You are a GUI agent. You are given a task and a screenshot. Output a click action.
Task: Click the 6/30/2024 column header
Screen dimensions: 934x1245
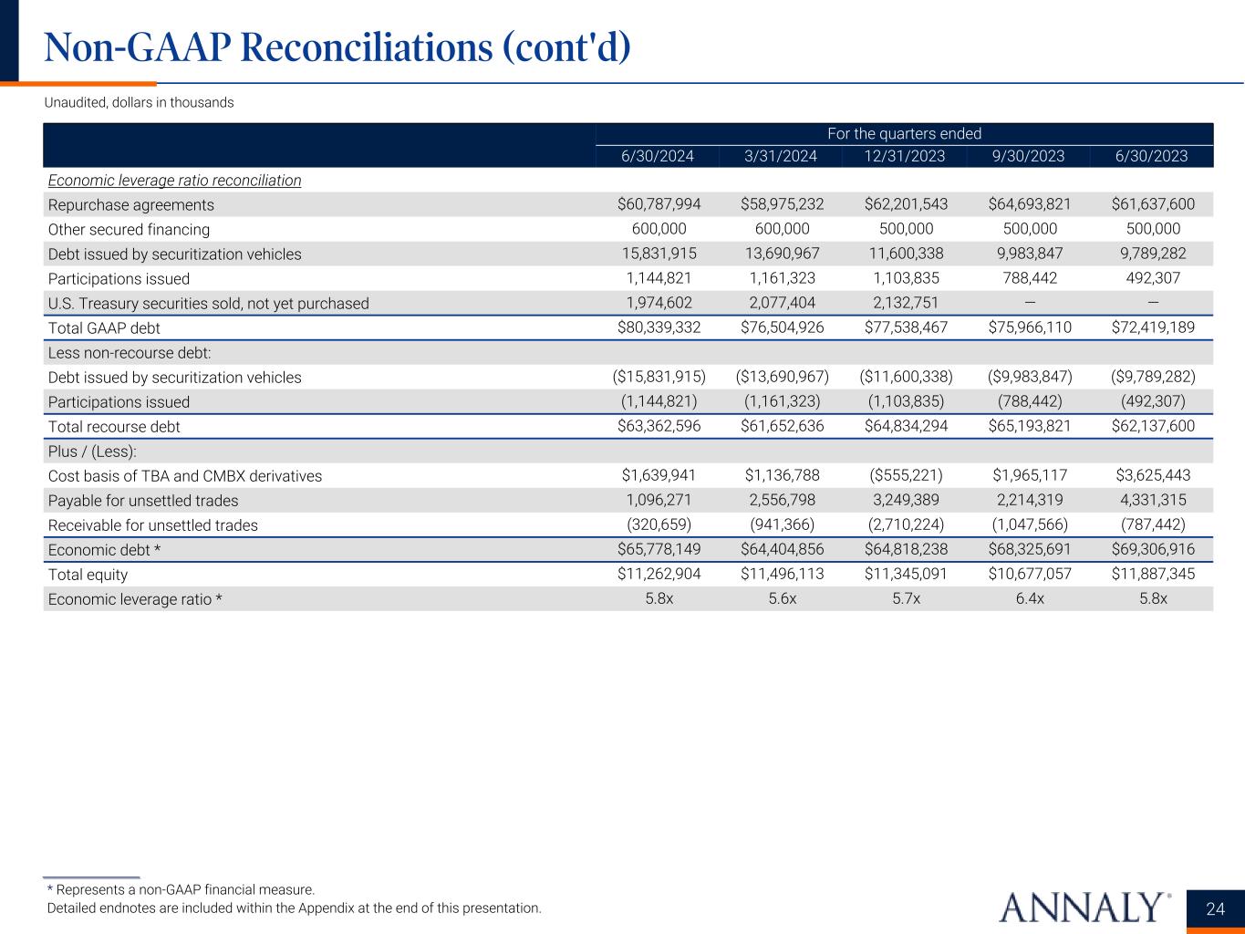click(657, 156)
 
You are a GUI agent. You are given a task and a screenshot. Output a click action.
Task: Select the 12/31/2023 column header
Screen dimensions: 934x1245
click(904, 156)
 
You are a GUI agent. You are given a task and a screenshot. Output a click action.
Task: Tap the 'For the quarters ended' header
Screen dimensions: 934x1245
click(904, 134)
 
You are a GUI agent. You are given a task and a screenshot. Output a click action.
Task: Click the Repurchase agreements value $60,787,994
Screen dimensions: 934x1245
click(659, 204)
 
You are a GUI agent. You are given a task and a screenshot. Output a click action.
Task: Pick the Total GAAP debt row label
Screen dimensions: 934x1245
click(104, 327)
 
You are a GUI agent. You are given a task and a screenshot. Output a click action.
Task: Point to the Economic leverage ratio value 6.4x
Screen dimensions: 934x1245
click(1030, 598)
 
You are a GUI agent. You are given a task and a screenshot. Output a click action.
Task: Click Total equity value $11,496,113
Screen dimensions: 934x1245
click(782, 574)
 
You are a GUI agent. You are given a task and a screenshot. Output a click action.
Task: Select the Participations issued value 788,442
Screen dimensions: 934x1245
click(1030, 278)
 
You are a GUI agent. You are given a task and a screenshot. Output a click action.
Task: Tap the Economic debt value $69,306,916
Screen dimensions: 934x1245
click(1153, 549)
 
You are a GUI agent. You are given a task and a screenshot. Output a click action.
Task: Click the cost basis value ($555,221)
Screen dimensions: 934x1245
click(905, 475)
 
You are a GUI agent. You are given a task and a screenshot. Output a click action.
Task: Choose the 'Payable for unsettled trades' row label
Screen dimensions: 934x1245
click(142, 501)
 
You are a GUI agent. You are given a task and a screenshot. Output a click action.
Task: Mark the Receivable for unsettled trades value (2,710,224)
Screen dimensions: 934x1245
click(905, 524)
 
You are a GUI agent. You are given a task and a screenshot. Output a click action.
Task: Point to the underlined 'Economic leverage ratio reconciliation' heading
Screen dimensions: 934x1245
click(174, 181)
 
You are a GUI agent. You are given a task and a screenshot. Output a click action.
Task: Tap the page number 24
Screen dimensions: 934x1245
click(1215, 908)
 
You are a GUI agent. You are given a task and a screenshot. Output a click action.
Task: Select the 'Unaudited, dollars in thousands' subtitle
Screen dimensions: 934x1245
click(139, 103)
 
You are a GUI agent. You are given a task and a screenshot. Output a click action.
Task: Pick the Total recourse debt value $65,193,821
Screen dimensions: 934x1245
click(1030, 426)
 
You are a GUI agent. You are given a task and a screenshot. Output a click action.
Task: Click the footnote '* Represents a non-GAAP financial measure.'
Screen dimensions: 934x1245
click(181, 889)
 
